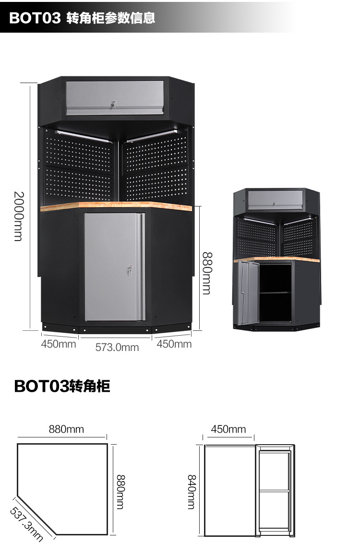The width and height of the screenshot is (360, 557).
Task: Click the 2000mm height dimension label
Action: click(18, 216)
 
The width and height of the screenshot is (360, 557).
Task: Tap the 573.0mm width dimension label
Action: click(117, 347)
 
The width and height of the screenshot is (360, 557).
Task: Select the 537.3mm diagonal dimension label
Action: click(26, 524)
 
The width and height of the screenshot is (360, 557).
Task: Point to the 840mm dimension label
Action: click(192, 492)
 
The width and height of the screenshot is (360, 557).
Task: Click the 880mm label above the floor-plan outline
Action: click(66, 429)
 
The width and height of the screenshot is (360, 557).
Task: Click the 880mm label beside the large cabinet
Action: click(206, 273)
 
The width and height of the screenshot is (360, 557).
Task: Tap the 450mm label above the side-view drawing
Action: click(228, 429)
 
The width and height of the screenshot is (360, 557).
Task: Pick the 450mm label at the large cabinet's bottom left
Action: click(59, 344)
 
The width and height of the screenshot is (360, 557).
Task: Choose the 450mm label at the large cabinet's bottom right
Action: click(174, 344)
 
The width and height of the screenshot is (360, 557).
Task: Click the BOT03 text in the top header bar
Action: click(35, 18)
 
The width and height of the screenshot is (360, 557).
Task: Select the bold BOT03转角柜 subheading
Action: click(62, 386)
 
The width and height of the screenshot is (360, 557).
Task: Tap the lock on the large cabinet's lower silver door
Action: click(129, 271)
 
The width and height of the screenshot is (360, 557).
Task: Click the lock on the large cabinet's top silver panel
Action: click(114, 104)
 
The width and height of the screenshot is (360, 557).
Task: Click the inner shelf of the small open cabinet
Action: click(275, 292)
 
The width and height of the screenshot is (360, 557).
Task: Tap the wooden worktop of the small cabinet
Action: click(276, 260)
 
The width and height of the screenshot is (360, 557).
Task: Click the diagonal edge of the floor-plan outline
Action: click(37, 513)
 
